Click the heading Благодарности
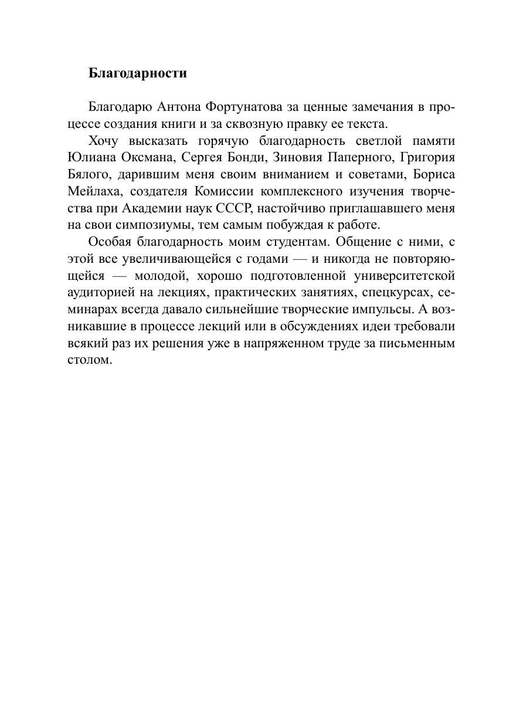[x=138, y=73]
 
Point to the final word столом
[x=90, y=360]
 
